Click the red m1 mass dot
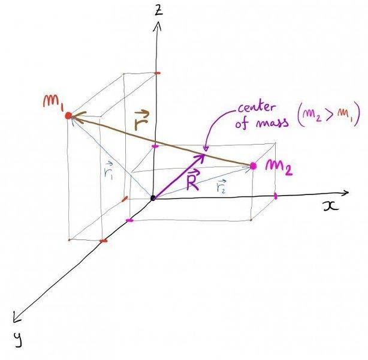(x=68, y=115)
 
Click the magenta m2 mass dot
(x=254, y=166)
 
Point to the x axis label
(x=330, y=205)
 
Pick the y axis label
(x=19, y=340)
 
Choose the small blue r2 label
(x=222, y=187)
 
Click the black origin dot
(x=153, y=197)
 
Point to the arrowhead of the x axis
(x=347, y=193)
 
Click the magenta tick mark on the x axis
(x=276, y=196)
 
